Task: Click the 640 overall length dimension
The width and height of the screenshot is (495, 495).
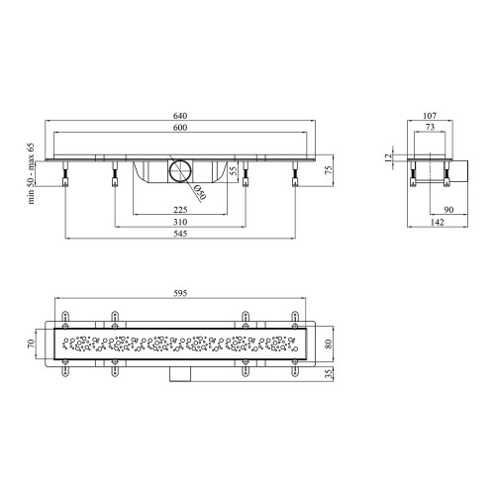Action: [180, 116]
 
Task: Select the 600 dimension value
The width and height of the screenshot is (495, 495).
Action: [180, 128]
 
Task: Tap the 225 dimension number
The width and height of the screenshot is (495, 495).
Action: [180, 210]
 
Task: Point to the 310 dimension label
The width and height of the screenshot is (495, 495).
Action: [180, 222]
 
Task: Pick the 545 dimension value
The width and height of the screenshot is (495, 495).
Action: [180, 234]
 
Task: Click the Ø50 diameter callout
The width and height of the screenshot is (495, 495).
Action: [200, 192]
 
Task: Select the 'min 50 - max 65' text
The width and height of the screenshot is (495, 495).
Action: [31, 173]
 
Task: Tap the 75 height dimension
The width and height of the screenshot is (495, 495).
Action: [329, 170]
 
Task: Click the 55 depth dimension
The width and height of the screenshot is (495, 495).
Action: [233, 170]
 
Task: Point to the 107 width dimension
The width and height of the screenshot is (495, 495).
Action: [430, 116]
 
